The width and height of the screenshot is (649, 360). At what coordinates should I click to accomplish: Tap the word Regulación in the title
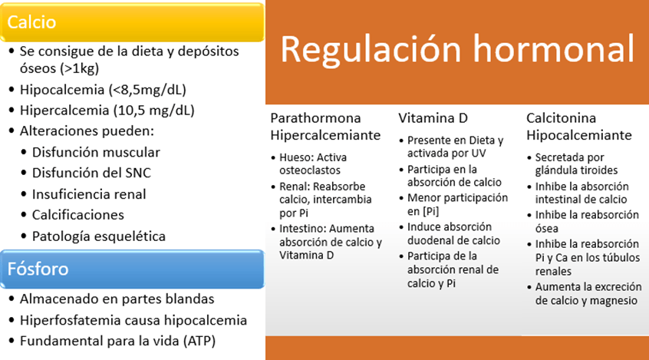pyautogui.click(x=371, y=49)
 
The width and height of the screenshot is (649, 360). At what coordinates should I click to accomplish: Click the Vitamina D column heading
pyautogui.click(x=433, y=118)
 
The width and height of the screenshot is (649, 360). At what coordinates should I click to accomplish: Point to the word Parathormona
pyautogui.click(x=315, y=118)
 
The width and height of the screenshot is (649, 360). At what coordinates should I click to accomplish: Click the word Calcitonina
pyautogui.click(x=561, y=118)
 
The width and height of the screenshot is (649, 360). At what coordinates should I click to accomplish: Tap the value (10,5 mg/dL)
pyautogui.click(x=153, y=111)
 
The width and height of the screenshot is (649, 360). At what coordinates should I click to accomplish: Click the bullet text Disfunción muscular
pyautogui.click(x=96, y=152)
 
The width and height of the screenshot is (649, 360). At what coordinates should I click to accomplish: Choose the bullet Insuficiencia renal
pyautogui.click(x=89, y=194)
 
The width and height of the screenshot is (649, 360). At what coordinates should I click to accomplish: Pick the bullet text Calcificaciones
pyautogui.click(x=78, y=215)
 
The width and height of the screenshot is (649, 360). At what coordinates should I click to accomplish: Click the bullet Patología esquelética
pyautogui.click(x=99, y=236)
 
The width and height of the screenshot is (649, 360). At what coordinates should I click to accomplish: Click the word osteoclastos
pyautogui.click(x=310, y=170)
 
